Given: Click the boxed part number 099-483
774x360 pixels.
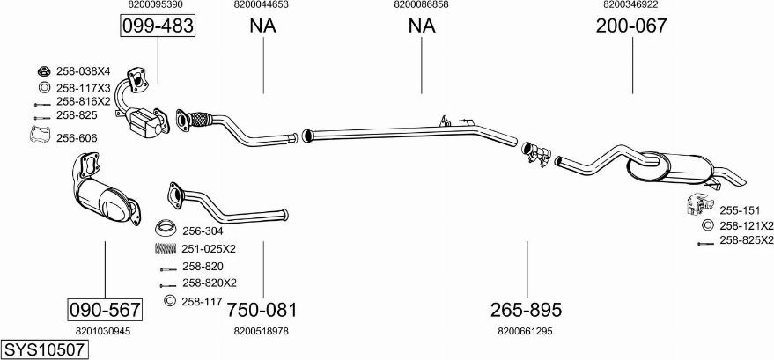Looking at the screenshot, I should coord(157,27).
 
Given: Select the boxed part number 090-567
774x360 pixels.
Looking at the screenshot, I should coord(105,310).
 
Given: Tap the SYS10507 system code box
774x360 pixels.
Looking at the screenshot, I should coord(45,349).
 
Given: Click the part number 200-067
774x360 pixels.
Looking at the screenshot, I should coord(630,26).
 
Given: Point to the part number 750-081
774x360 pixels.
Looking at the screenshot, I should coord(262,310).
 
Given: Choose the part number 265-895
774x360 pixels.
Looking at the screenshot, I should coord(526,310).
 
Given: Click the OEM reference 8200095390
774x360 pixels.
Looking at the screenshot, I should coord(155,4).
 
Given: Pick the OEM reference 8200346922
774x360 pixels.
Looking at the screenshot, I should coord(630,4).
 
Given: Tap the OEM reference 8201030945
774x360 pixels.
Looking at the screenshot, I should coord(103,331).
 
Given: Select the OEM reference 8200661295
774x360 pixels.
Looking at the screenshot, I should coord(525,331).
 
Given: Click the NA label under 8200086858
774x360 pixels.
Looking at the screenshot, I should coord(421,26).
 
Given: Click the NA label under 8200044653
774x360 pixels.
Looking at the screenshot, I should coord(262,26).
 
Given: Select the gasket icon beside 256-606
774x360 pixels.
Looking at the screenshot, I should coord(39,136).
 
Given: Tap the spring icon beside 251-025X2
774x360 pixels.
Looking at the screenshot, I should coord(164,249).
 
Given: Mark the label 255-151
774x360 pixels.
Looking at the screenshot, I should coord(739,211).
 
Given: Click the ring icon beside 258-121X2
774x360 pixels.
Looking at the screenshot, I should coord(706,226).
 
